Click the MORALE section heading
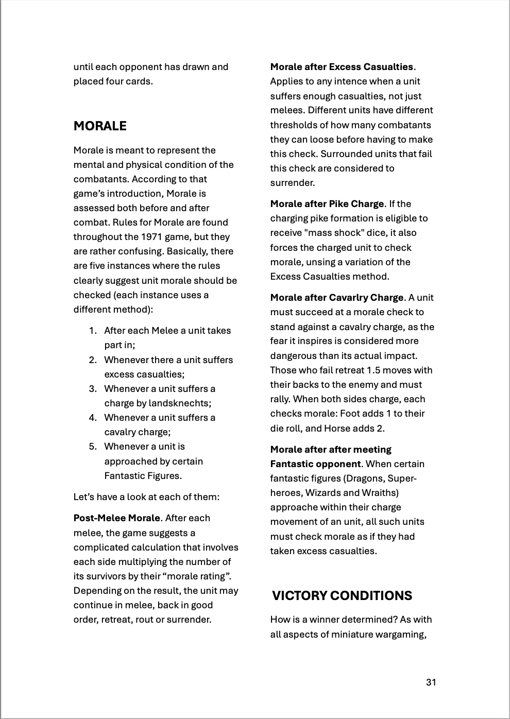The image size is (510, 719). [100, 126]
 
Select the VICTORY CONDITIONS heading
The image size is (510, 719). [342, 595]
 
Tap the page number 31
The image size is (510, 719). [431, 682]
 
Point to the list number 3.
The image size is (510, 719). [92, 389]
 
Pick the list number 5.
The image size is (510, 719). [92, 447]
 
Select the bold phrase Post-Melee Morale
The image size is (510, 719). [116, 518]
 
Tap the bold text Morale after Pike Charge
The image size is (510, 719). [327, 204]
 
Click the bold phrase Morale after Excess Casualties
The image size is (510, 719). [342, 67]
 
